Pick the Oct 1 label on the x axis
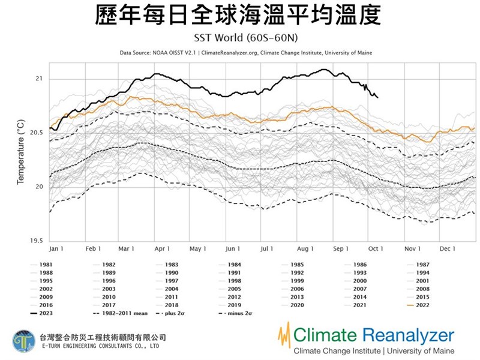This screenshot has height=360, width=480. tap(376, 248)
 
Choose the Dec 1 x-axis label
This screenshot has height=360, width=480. tap(448, 248)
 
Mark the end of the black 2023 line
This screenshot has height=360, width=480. tap(377, 97)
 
